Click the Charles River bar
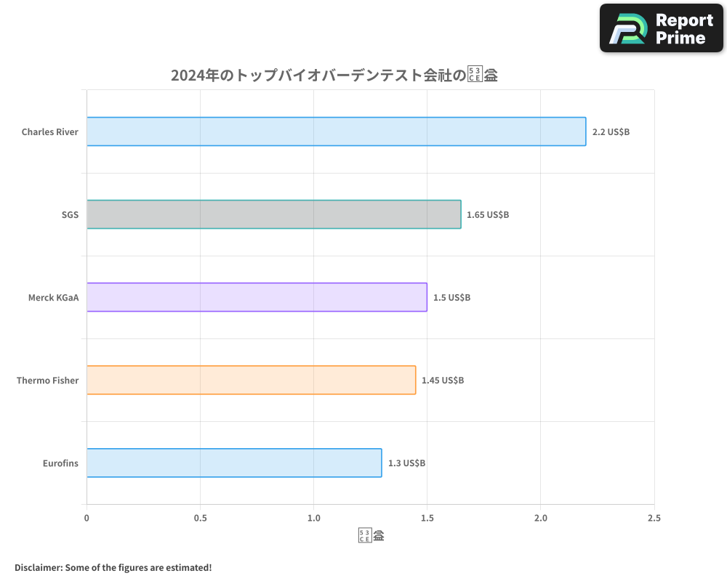pyautogui.click(x=336, y=131)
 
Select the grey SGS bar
pyautogui.click(x=273, y=214)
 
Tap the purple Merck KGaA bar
pyautogui.click(x=257, y=297)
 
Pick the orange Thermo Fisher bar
pyautogui.click(x=251, y=380)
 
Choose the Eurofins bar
pyautogui.click(x=234, y=463)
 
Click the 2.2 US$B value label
pyautogui.click(x=611, y=132)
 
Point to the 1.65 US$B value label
pyautogui.click(x=488, y=215)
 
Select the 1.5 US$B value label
pyautogui.click(x=451, y=298)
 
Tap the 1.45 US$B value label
pyautogui.click(x=443, y=381)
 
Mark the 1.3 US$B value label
pyautogui.click(x=406, y=463)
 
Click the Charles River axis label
pyautogui.click(x=49, y=132)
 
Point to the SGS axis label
pyautogui.click(x=70, y=215)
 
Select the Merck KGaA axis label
pyautogui.click(x=53, y=298)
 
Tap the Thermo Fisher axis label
pyautogui.click(x=47, y=381)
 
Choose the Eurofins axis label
pyautogui.click(x=60, y=463)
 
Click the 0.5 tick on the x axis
pyautogui.click(x=200, y=518)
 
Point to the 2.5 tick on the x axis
pyautogui.click(x=654, y=518)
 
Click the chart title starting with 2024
pyautogui.click(x=334, y=75)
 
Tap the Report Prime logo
pyautogui.click(x=661, y=28)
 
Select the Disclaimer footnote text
pyautogui.click(x=113, y=567)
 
